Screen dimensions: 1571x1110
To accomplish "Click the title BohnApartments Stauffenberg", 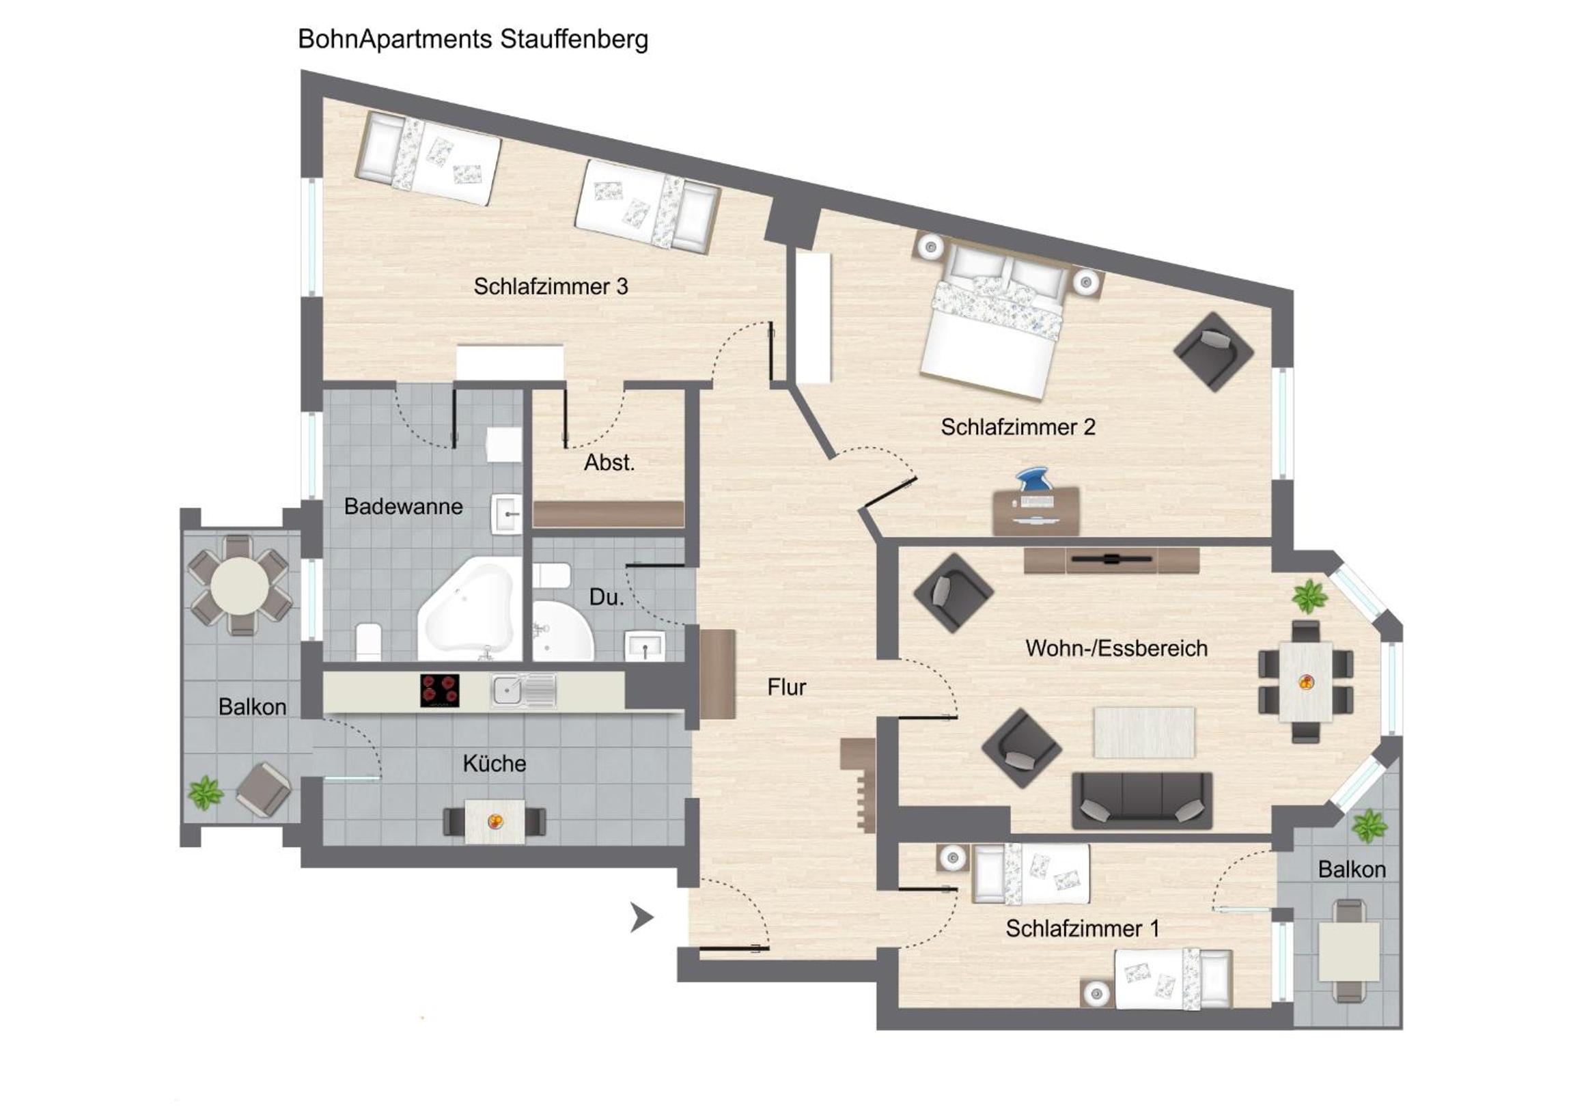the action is (x=473, y=40).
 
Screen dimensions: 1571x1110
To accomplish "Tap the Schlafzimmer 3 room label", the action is (x=550, y=286).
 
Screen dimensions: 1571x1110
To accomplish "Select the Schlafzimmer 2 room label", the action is (x=1018, y=427).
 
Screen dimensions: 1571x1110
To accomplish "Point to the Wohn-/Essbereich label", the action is (x=1116, y=648).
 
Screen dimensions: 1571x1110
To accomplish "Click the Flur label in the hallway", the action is (x=786, y=687).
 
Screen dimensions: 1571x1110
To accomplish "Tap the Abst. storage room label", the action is (x=609, y=462).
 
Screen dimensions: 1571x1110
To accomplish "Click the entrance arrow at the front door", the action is (x=641, y=917).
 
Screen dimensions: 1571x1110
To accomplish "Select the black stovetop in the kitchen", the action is (x=439, y=691).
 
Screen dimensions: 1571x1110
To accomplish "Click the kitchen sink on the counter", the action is (x=523, y=691).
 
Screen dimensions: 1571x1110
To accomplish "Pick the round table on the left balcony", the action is (x=240, y=586).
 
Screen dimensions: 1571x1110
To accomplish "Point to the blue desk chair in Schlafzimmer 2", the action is (x=1033, y=480).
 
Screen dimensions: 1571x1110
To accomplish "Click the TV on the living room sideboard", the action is (x=1111, y=559).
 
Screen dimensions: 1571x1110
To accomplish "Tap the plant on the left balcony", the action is (x=206, y=793).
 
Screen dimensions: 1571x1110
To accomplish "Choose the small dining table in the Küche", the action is (x=495, y=821).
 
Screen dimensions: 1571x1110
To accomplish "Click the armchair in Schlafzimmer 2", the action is (x=1213, y=352).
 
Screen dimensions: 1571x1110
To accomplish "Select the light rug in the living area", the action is (x=1144, y=732).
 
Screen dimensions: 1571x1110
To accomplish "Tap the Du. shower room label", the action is (x=607, y=598).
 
